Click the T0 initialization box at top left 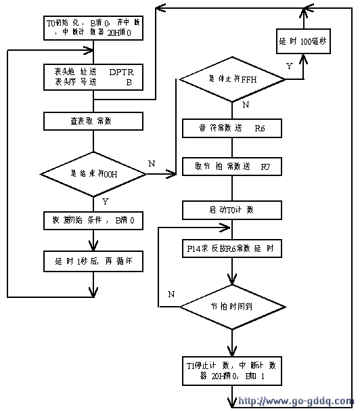(93, 26)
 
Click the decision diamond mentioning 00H (93, 174)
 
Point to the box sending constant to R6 (231, 128)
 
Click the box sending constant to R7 (231, 166)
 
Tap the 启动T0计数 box (231, 210)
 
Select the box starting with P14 (231, 249)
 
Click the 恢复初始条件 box (93, 221)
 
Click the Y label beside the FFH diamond (290, 67)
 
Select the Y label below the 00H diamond (105, 202)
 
